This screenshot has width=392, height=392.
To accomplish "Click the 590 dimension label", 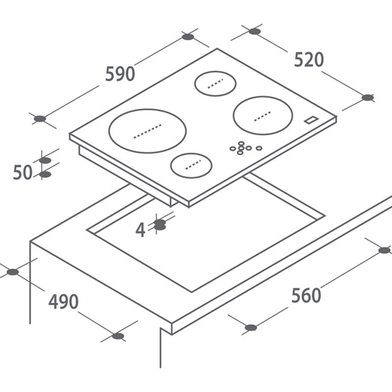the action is pyautogui.click(x=120, y=74).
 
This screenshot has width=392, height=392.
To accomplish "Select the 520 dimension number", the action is pyautogui.click(x=309, y=59).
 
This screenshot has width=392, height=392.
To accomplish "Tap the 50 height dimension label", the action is pyautogui.click(x=23, y=172).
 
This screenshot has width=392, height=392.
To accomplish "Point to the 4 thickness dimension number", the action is pyautogui.click(x=140, y=230).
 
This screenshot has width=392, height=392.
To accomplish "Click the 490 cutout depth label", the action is pyautogui.click(x=63, y=301).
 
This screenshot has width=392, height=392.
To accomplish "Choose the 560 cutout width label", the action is pyautogui.click(x=306, y=295).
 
